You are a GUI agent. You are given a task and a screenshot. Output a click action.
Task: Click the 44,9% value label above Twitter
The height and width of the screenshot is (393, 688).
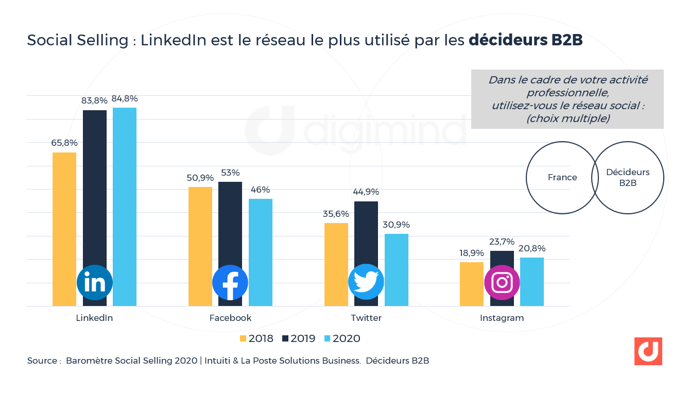click(366, 192)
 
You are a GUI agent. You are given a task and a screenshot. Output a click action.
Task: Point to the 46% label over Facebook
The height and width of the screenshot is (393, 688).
click(260, 190)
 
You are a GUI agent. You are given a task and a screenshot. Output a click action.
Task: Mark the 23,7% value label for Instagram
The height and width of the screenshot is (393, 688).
click(502, 242)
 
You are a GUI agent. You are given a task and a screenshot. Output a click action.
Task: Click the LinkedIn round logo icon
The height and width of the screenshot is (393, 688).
click(95, 282)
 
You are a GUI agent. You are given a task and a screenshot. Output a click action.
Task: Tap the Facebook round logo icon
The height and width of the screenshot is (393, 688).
click(230, 282)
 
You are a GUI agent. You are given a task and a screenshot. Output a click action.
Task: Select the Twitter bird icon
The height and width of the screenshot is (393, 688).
click(366, 282)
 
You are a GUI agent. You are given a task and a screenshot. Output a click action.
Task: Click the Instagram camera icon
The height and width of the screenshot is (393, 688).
click(502, 282)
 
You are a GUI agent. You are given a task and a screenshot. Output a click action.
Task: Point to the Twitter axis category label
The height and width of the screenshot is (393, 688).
click(366, 318)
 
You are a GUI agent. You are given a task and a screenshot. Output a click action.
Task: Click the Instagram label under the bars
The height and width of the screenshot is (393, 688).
click(502, 318)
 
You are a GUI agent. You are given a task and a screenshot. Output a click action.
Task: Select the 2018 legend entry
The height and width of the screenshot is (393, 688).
click(256, 338)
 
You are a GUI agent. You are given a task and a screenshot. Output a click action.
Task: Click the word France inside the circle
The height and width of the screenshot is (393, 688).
click(562, 177)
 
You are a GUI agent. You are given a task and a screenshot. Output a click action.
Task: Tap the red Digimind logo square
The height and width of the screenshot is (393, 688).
click(648, 351)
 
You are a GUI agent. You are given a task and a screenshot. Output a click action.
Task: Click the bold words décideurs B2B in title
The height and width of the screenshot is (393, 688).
click(525, 41)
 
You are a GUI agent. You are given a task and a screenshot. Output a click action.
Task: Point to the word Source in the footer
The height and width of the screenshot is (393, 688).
click(42, 361)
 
